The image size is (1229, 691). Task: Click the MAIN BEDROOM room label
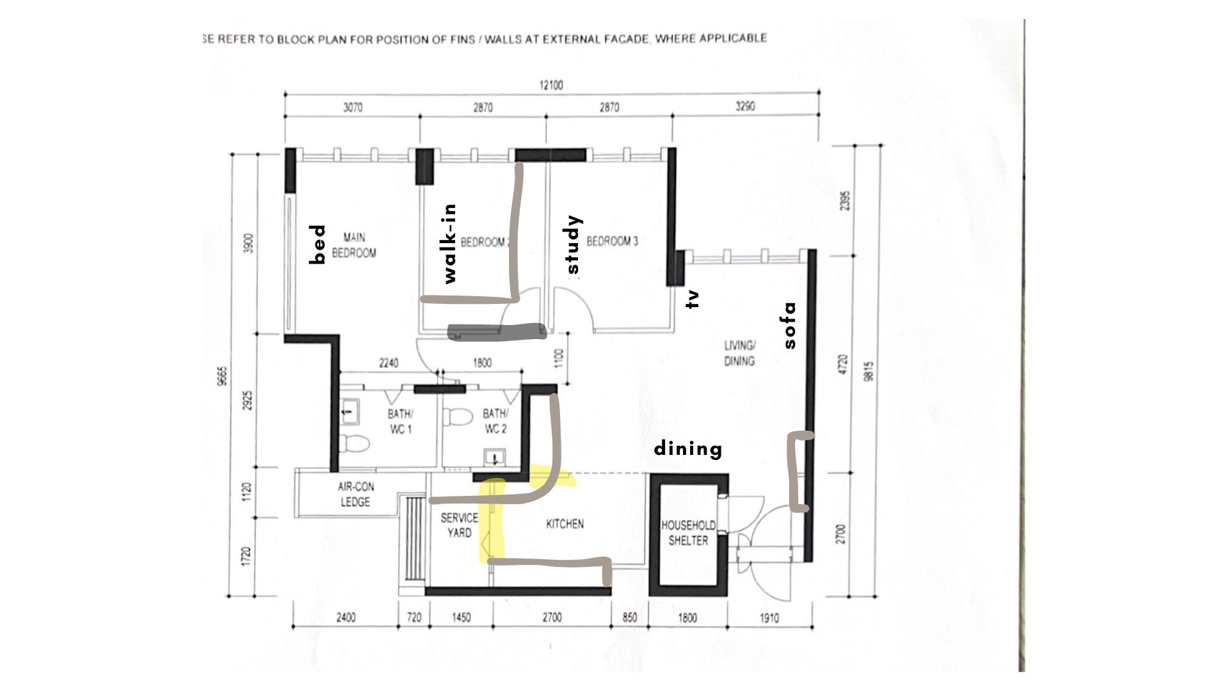(x=354, y=245)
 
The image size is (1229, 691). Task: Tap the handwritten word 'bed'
(x=317, y=244)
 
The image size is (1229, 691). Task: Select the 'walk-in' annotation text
(x=450, y=244)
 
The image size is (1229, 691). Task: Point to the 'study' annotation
(x=573, y=244)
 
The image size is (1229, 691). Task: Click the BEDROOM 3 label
(x=612, y=241)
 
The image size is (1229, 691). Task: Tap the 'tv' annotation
(x=693, y=299)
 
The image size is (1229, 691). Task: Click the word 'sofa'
(x=791, y=325)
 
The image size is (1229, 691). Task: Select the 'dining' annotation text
(x=688, y=449)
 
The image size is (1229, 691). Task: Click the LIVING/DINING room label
(x=739, y=353)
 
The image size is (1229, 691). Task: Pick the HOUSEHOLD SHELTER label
(x=688, y=532)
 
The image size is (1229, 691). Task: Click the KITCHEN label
(x=565, y=524)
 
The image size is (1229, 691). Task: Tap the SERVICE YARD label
(x=459, y=525)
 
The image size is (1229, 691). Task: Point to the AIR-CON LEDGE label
(x=355, y=494)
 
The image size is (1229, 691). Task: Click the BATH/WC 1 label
(x=400, y=422)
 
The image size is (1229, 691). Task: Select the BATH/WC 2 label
(x=495, y=421)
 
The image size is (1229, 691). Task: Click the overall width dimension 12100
(x=550, y=85)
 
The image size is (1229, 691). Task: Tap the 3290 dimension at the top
(x=744, y=106)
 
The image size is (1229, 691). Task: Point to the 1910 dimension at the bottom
(x=769, y=617)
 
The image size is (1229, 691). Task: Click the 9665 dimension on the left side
(x=222, y=376)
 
